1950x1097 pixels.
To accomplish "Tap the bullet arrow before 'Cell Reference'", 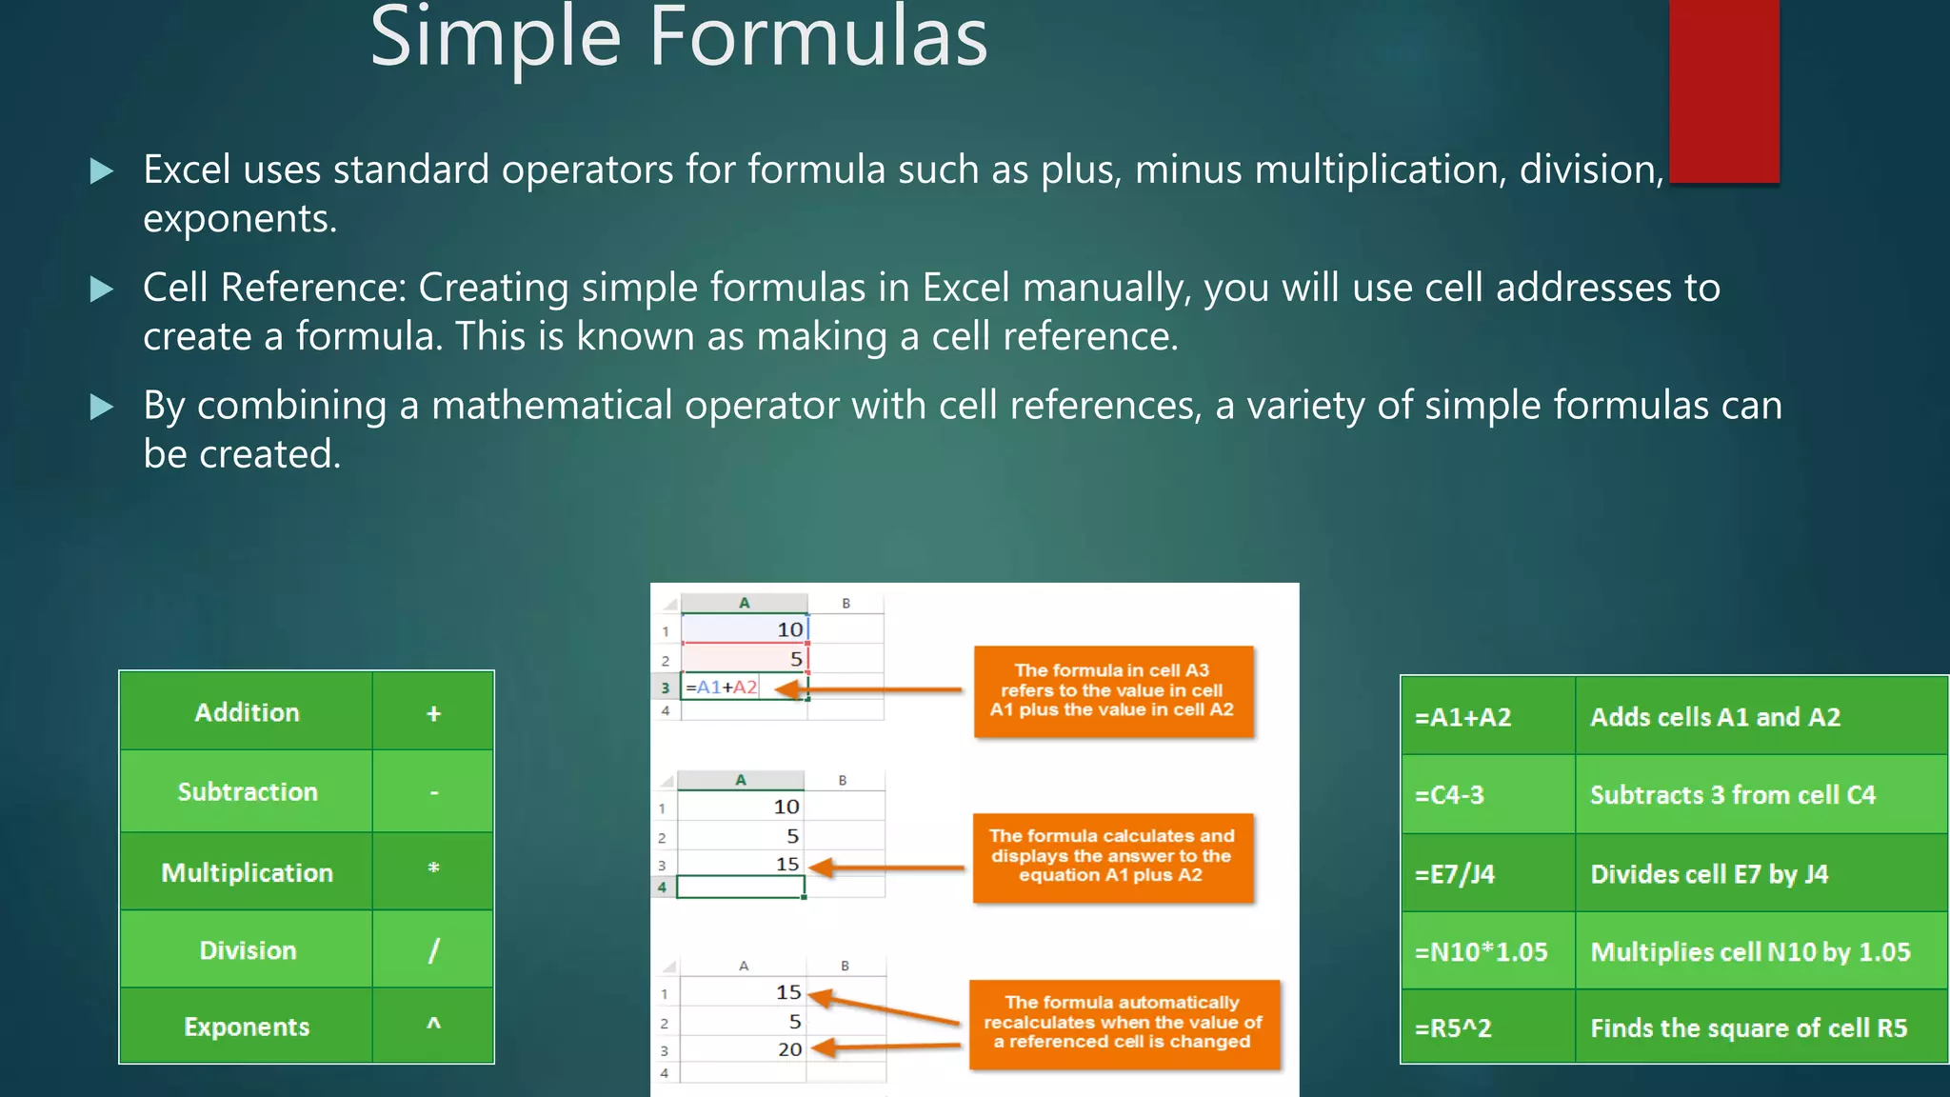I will tap(101, 289).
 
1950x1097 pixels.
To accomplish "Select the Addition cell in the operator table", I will tap(247, 712).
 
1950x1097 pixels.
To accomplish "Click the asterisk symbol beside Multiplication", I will tap(433, 869).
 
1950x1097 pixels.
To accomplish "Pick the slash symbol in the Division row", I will tap(433, 949).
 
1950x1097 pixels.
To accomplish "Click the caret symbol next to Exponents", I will tap(433, 1025).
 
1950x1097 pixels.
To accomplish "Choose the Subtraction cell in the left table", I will tap(247, 791).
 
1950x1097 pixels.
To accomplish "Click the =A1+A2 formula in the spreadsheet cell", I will tap(722, 687).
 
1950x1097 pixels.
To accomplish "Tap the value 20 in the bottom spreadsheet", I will tap(789, 1049).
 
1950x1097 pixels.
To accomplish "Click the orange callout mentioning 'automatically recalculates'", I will tap(1124, 1022).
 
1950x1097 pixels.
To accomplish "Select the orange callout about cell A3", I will tap(1112, 690).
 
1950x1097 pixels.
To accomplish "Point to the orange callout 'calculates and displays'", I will tap(1111, 855).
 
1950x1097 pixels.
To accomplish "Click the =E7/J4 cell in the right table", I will tap(1455, 874).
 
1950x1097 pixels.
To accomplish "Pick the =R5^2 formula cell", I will tap(1453, 1028).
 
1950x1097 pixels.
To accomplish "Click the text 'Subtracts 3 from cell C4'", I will tap(1732, 795).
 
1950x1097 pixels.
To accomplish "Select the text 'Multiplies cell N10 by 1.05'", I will tap(1750, 952).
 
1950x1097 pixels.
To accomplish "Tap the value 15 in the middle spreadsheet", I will tap(786, 864).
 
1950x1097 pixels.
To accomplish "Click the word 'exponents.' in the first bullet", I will tap(240, 219).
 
